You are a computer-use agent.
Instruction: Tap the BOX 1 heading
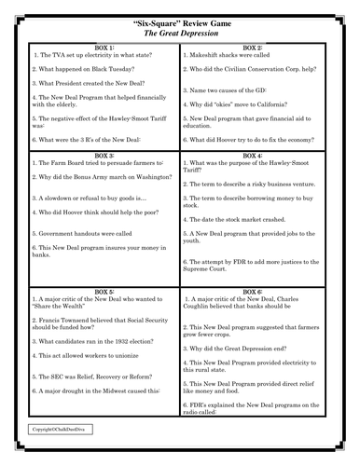tap(99, 47)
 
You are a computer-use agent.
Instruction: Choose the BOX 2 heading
tap(254, 47)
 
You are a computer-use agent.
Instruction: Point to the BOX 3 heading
tap(99, 155)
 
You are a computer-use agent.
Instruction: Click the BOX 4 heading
tap(254, 155)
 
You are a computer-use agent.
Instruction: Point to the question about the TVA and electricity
tap(89, 54)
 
